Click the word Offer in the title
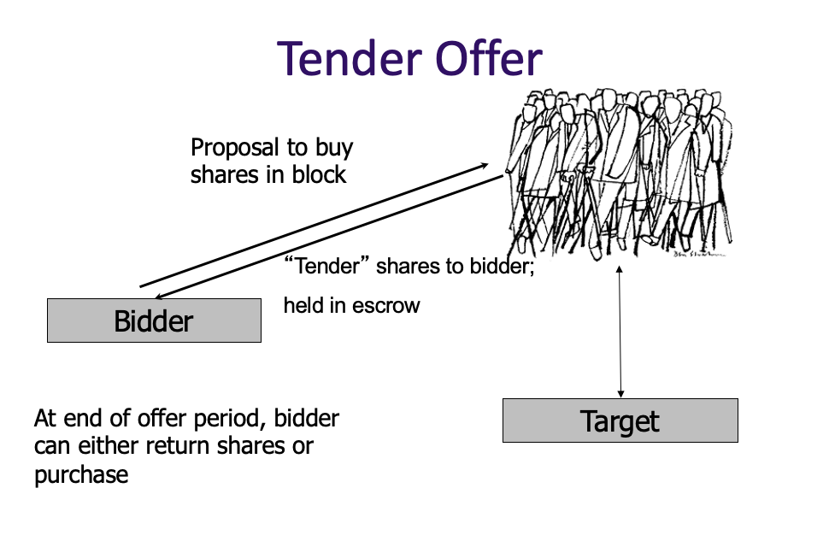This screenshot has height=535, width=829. (x=488, y=58)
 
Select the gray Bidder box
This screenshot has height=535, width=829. (x=154, y=320)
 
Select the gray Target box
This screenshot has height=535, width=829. (x=620, y=420)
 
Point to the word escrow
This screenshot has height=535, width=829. (x=385, y=305)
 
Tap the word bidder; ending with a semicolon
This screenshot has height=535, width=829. (x=503, y=266)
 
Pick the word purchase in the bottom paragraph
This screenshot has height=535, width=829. (x=81, y=474)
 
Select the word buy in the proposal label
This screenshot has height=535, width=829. (x=332, y=147)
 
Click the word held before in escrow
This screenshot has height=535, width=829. (x=301, y=305)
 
